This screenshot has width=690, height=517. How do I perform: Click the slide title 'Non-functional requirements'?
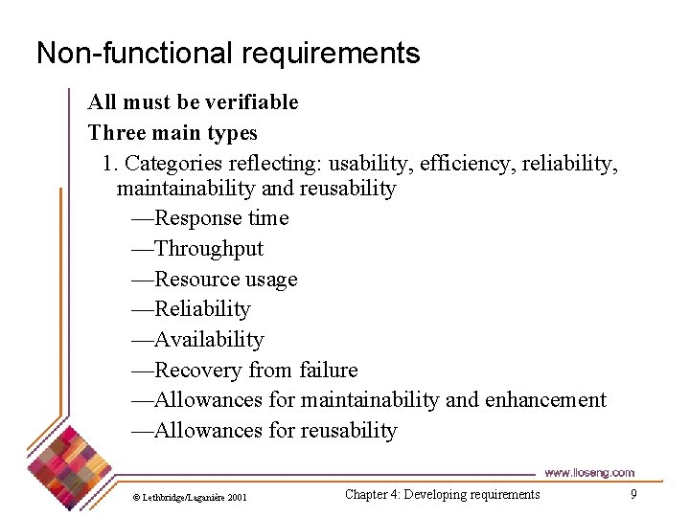tap(228, 53)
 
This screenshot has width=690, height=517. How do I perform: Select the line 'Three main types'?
tap(172, 132)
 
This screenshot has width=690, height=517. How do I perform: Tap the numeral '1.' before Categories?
tap(110, 163)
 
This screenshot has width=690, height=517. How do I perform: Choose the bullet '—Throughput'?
tap(196, 249)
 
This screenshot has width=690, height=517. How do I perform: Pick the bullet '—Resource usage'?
tap(214, 280)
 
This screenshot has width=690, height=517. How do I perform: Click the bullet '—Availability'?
tap(196, 340)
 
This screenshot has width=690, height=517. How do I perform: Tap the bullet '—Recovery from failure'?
tap(243, 371)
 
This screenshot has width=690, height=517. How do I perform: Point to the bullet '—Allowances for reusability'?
tap(263, 431)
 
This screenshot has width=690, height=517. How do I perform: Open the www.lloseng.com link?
tap(588, 472)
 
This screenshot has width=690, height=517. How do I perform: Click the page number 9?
tap(633, 494)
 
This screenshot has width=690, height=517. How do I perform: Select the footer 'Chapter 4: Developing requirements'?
tap(442, 495)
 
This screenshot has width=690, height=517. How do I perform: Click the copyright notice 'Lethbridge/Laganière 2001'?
tap(190, 498)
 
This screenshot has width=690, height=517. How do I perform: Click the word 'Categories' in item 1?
tap(172, 163)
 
